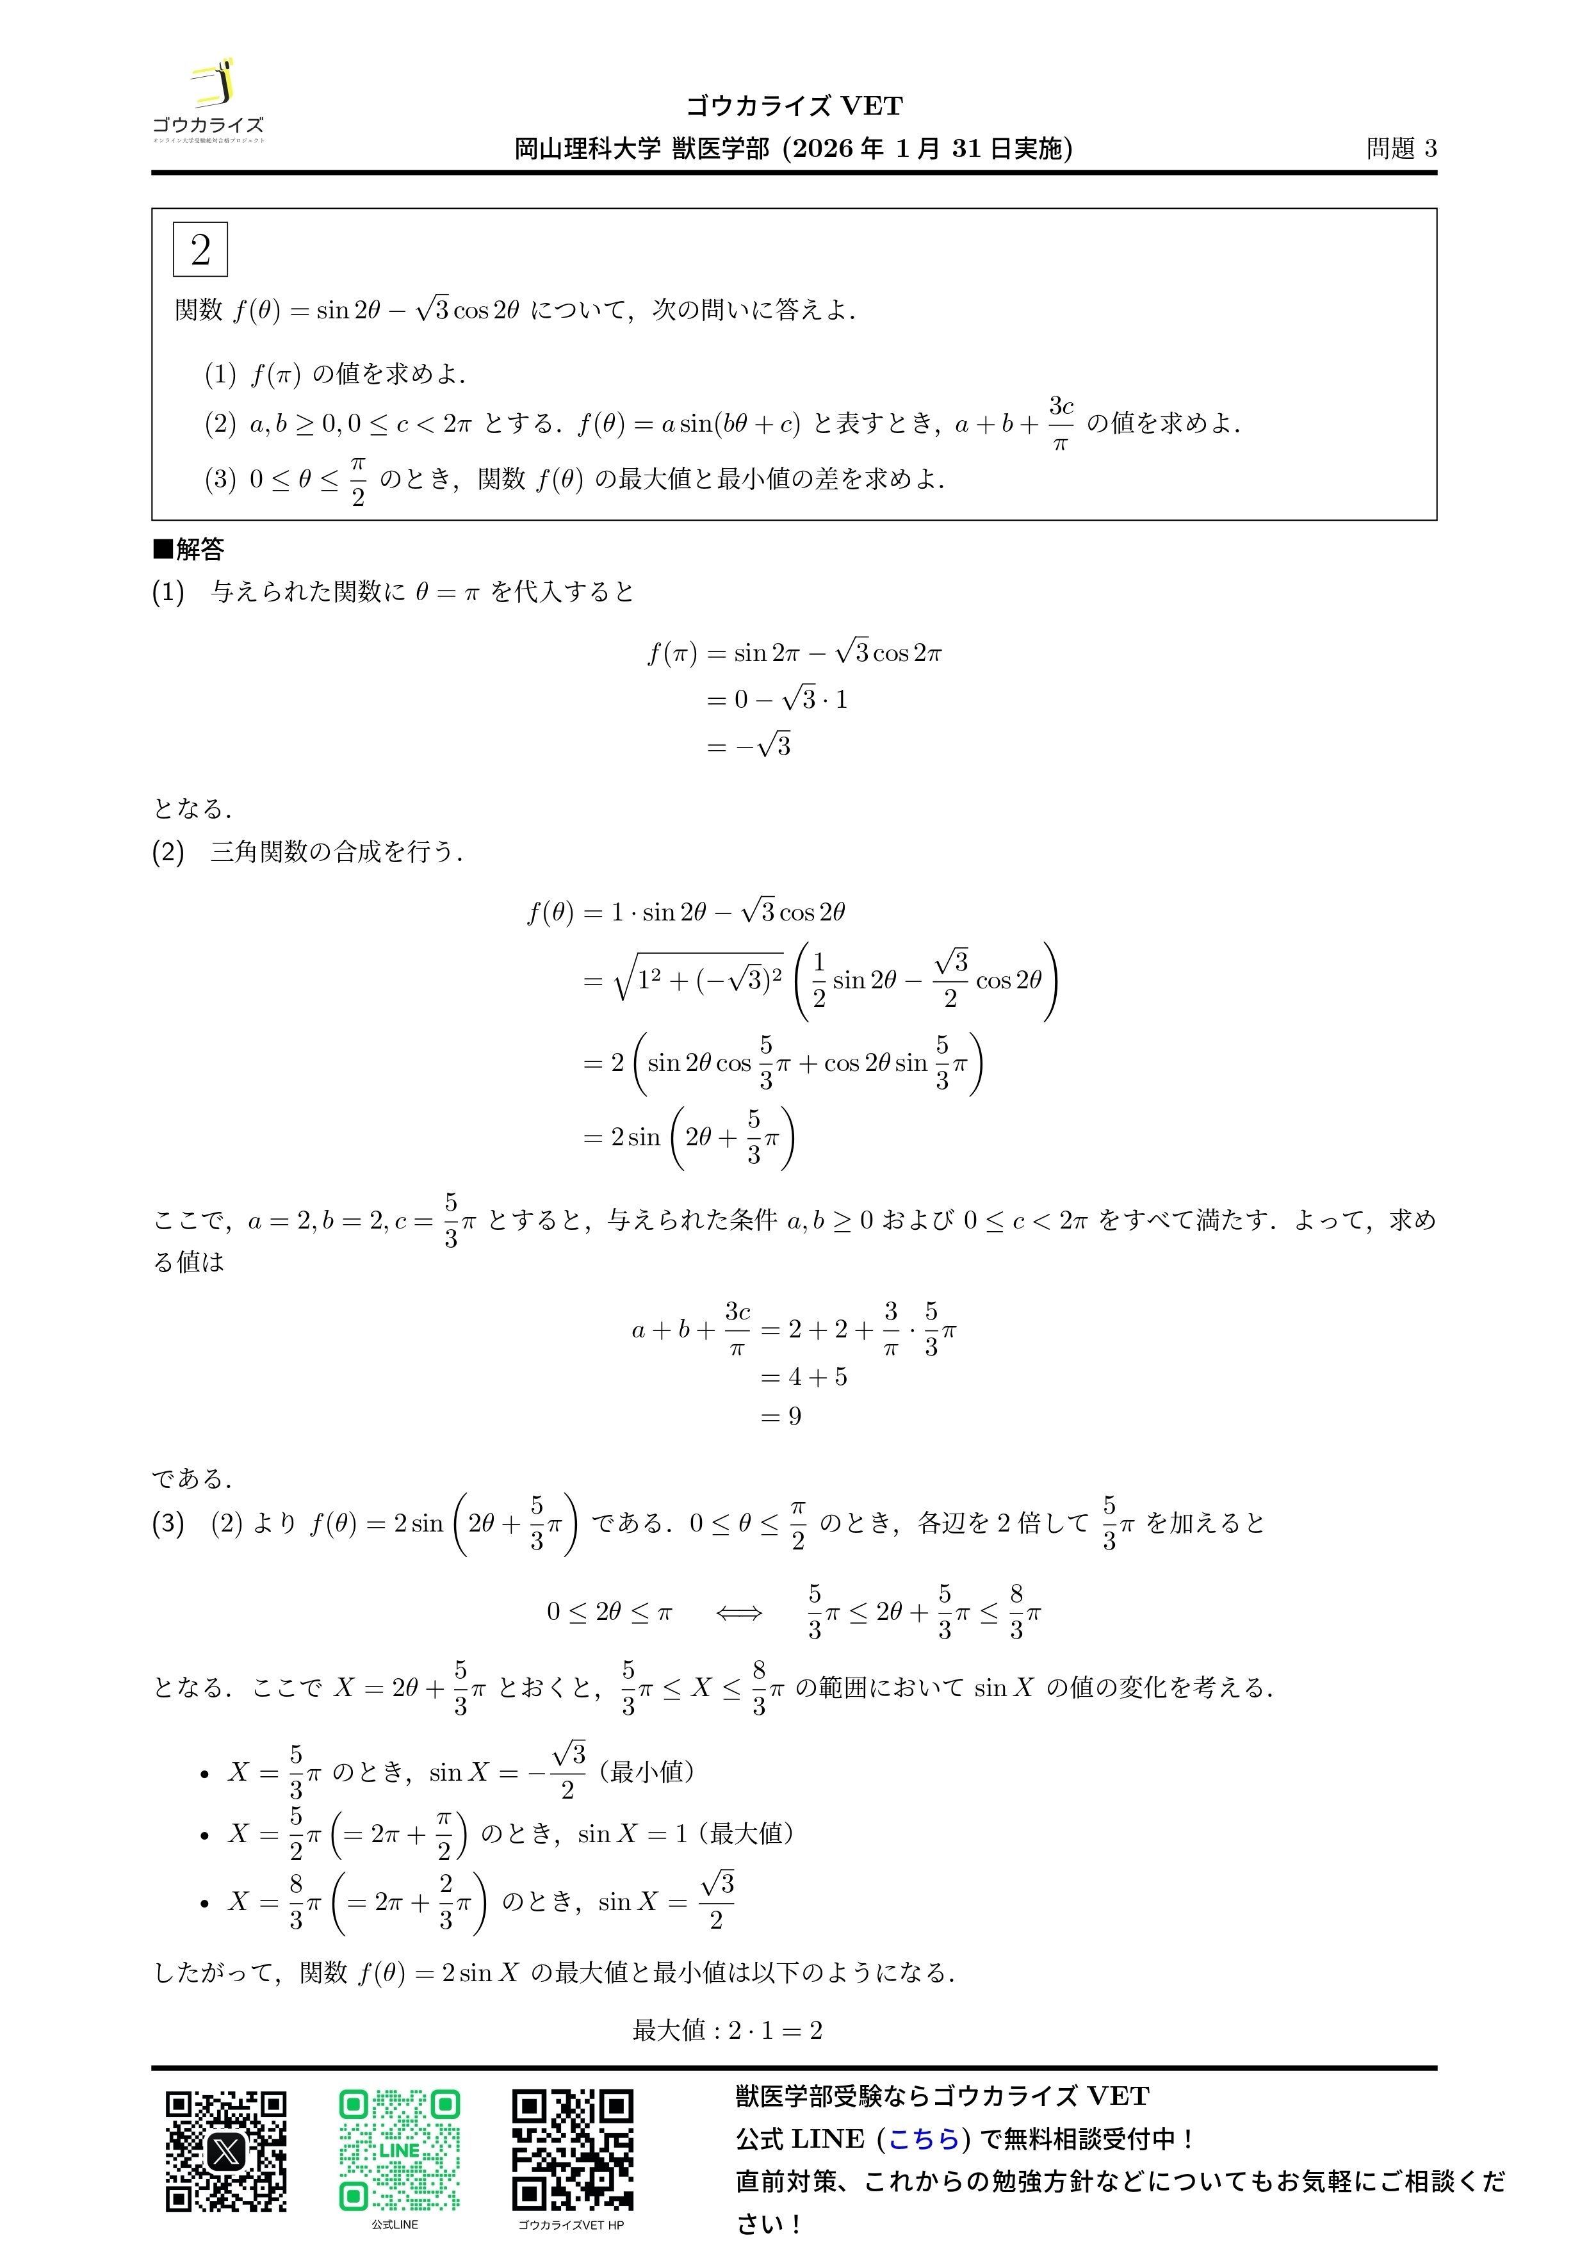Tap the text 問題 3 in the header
[1401, 149]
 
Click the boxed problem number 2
[200, 250]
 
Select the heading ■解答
[189, 549]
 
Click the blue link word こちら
[924, 2139]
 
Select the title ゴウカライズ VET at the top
[794, 106]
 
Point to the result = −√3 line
[749, 746]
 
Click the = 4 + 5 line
[803, 1377]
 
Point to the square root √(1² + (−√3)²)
[697, 979]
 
